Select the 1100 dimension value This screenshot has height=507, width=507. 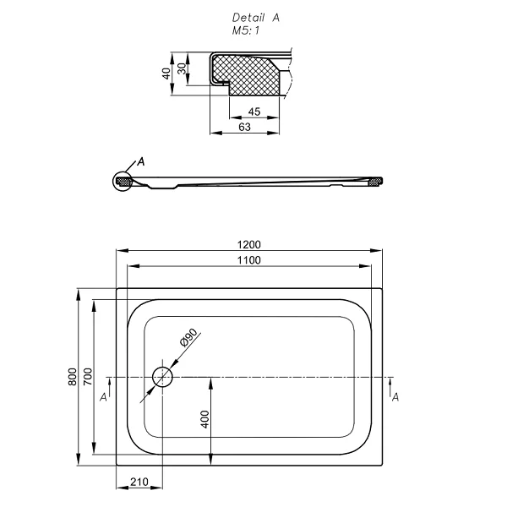coord(250,259)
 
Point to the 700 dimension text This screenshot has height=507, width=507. coord(87,379)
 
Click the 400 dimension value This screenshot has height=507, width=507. coord(205,419)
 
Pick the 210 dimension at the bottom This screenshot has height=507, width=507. coord(140,482)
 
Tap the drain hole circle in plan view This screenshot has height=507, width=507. coord(162,375)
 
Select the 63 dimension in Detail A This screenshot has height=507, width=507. coord(245,128)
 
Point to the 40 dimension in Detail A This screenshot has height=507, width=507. coord(167,73)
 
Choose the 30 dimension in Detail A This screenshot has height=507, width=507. coord(181,67)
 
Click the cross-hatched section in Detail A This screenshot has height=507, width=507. coord(245,73)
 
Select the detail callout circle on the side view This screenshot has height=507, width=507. coord(123,180)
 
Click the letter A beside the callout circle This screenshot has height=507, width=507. coord(141,161)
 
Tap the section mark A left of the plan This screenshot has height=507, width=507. coord(104,395)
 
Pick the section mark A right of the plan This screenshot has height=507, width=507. coord(395,395)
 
